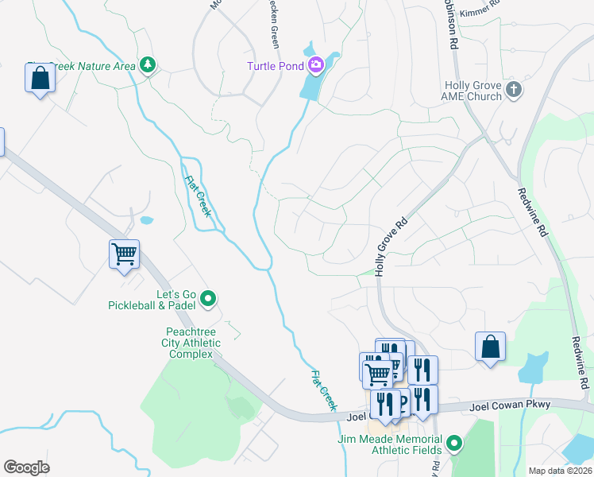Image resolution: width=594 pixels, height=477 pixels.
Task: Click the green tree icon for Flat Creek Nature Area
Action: [147, 64]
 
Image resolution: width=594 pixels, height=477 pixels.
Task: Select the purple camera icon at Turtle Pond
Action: [317, 64]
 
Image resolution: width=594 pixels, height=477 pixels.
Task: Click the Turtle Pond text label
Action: [276, 65]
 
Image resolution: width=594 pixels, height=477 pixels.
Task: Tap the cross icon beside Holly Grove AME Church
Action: [514, 89]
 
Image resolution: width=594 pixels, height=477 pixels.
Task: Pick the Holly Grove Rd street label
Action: [391, 247]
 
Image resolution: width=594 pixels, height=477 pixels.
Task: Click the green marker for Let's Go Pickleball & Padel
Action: [209, 298]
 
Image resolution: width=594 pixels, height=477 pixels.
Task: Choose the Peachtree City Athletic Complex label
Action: [192, 343]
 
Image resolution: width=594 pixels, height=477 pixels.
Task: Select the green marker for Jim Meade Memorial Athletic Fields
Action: [454, 443]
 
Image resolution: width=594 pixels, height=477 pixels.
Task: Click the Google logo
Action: [27, 467]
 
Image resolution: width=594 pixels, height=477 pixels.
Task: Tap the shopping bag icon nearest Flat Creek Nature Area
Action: [40, 79]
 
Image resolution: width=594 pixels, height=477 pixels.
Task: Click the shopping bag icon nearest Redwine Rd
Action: [490, 347]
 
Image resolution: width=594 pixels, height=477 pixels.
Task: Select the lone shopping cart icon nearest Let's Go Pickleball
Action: [124, 254]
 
